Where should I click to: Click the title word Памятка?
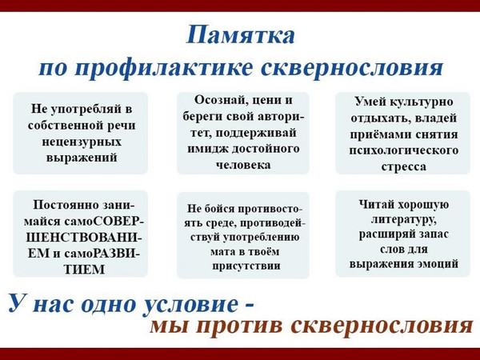241,35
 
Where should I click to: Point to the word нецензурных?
82,142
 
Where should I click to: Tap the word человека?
243,165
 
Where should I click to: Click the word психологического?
404,150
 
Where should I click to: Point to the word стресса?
404,167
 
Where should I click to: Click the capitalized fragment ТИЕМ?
85,270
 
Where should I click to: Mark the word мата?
221,252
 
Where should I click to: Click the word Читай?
375,205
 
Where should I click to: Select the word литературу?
404,219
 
